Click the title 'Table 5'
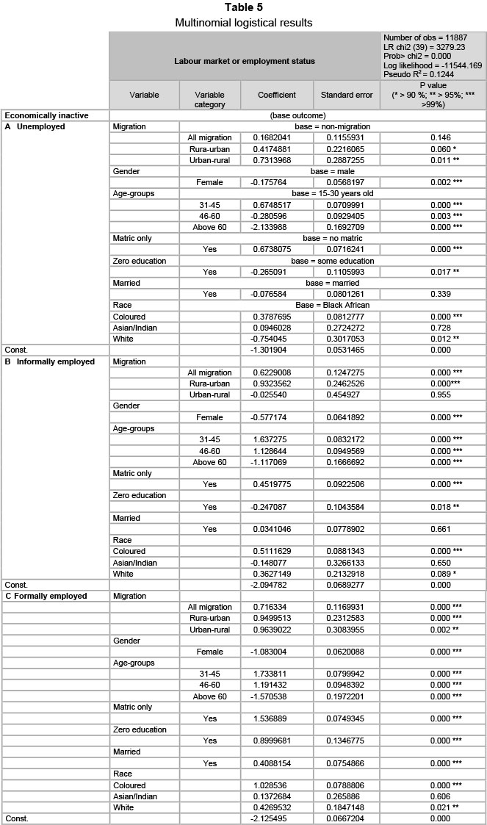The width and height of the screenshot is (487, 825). pos(243,8)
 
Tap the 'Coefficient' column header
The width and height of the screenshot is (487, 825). pos(276,95)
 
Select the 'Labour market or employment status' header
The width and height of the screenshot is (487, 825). pos(245,61)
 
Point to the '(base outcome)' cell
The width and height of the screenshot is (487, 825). pos(297,115)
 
